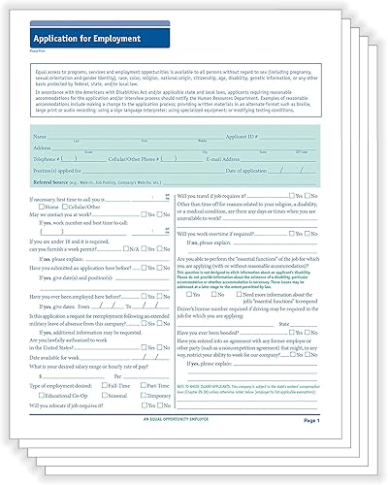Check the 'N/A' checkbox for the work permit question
click(153, 246)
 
